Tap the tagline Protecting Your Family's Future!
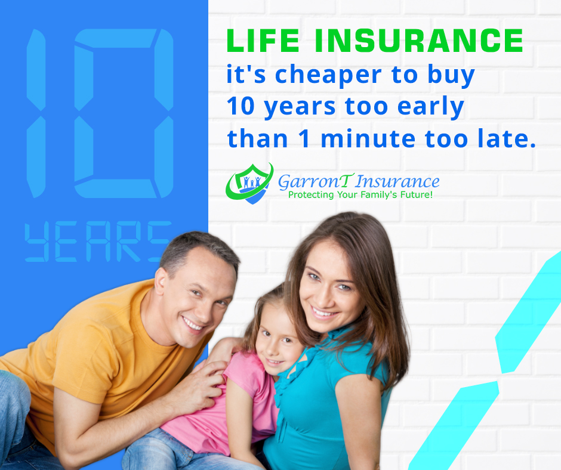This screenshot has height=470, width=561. pyautogui.click(x=360, y=195)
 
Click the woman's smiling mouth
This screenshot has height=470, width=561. pyautogui.click(x=323, y=311)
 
